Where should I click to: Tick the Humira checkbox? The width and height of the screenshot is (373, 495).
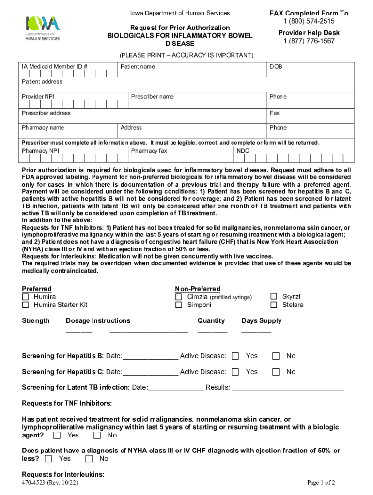click(x=25, y=297)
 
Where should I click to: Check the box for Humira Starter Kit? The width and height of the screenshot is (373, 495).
click(x=25, y=305)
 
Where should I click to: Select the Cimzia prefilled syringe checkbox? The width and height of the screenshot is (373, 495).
click(x=179, y=297)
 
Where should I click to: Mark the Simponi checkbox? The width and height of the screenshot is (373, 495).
click(x=179, y=305)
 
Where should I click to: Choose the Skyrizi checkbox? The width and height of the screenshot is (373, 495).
click(x=273, y=296)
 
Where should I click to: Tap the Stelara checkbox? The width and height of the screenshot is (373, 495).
click(x=273, y=305)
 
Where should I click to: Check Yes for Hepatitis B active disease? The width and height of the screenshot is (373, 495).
click(x=235, y=356)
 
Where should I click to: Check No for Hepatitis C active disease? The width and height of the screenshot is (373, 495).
click(x=276, y=372)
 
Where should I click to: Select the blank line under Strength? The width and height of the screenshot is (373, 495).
click(x=78, y=331)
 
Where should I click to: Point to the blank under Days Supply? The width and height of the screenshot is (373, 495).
click(x=256, y=331)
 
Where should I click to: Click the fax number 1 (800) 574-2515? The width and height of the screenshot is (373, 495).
click(x=309, y=21)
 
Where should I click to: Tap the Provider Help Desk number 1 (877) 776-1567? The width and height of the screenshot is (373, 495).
click(x=309, y=41)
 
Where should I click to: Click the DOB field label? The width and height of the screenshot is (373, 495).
click(x=276, y=67)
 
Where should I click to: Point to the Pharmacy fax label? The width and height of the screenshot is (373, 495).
click(x=149, y=151)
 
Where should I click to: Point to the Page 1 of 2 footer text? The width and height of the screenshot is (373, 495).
click(x=321, y=483)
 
